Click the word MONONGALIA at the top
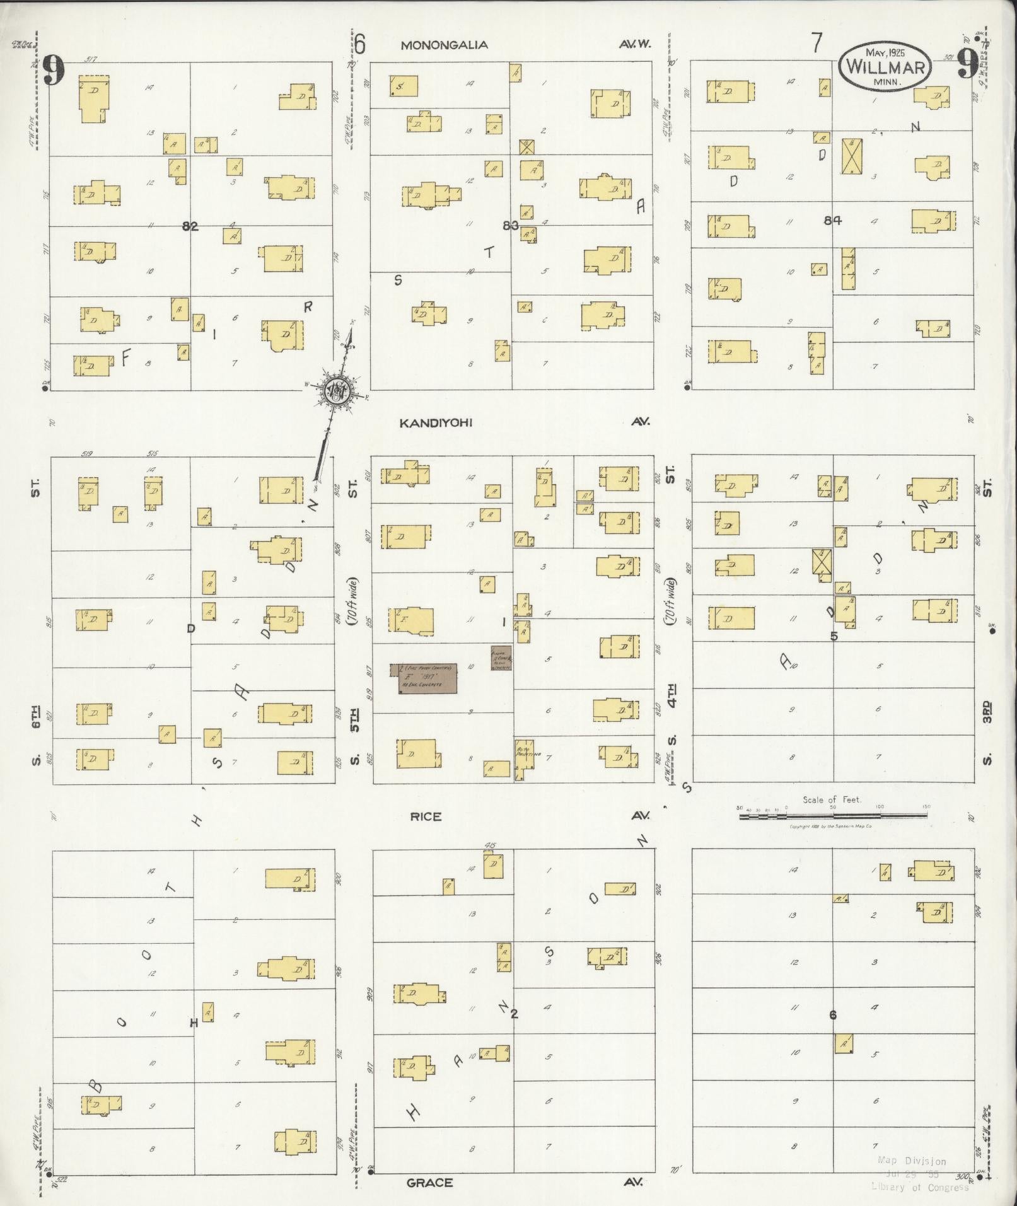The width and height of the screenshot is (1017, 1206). [x=444, y=45]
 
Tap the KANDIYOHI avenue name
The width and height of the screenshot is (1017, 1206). [x=436, y=422]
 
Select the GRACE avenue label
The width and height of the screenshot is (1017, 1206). [x=429, y=1183]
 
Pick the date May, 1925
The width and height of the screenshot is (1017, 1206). [x=885, y=52]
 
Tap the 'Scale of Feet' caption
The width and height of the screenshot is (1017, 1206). [x=832, y=799]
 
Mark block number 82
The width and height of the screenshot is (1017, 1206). [x=190, y=226]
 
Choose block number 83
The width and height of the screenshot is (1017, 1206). [x=511, y=225]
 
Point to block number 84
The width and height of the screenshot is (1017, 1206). [x=832, y=220]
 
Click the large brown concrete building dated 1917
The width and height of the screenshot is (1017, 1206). [x=427, y=678]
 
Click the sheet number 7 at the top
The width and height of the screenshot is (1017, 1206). [x=817, y=43]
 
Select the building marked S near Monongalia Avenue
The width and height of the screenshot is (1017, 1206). [x=404, y=86]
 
